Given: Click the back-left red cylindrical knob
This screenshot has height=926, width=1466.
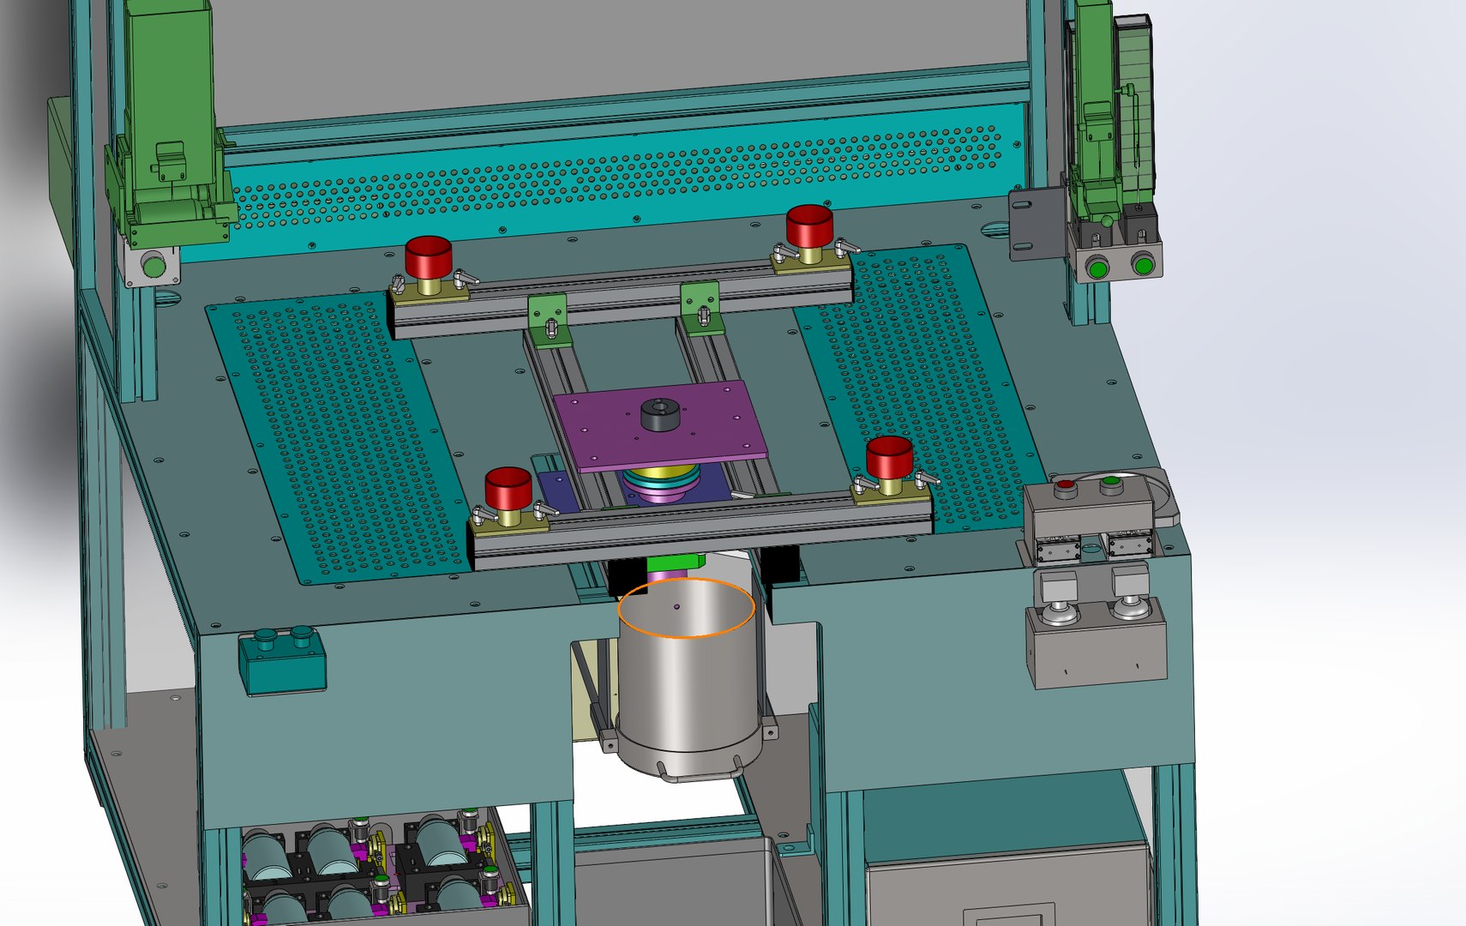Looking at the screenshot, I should [428, 256].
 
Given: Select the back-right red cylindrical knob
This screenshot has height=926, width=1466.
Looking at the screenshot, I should [808, 224].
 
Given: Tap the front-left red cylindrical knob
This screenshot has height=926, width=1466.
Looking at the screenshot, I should [508, 487].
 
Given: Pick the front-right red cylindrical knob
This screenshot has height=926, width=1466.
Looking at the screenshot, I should [888, 456].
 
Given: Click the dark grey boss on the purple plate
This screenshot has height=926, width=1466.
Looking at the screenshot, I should [659, 414].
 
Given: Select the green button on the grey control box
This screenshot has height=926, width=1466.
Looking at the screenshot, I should [1111, 481].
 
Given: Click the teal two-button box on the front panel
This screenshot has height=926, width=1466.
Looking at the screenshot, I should [282, 661].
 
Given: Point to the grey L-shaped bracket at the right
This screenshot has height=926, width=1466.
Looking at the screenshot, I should [1036, 223].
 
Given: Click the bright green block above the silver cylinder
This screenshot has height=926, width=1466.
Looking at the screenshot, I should [675, 562].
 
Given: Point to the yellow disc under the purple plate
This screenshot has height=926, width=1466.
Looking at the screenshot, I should [660, 474].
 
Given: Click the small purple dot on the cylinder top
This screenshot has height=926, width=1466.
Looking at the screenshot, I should [677, 607].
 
